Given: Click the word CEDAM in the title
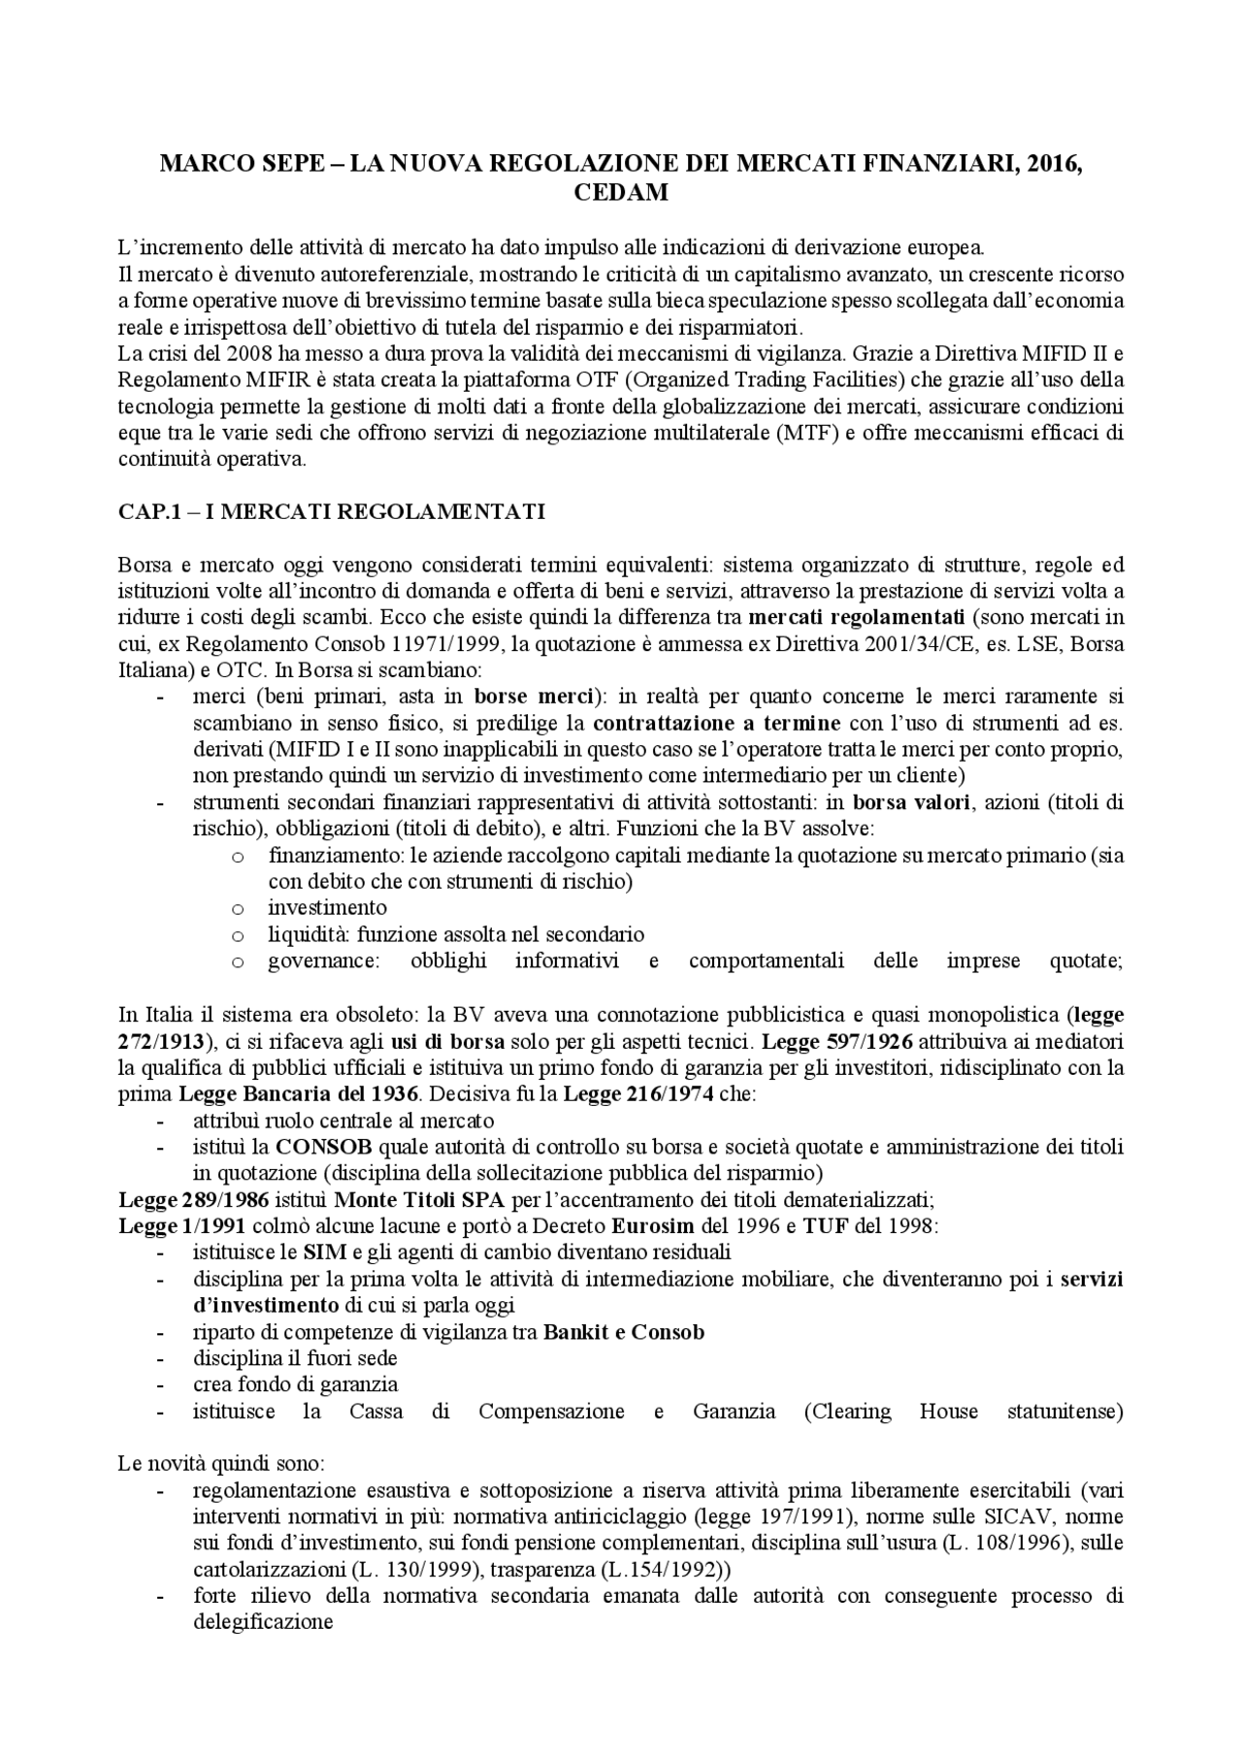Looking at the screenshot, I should coord(620,192).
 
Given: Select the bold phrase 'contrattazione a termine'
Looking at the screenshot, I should coord(717,723).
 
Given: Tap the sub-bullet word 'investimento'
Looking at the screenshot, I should coord(327,908).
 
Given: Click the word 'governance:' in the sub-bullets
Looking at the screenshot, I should coord(323,960).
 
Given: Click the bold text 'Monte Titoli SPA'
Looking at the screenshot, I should coord(418,1199).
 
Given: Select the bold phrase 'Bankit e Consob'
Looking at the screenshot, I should coord(624,1331).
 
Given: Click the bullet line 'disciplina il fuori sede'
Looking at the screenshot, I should coord(294,1358).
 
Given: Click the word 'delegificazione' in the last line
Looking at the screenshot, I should coord(263,1622).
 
